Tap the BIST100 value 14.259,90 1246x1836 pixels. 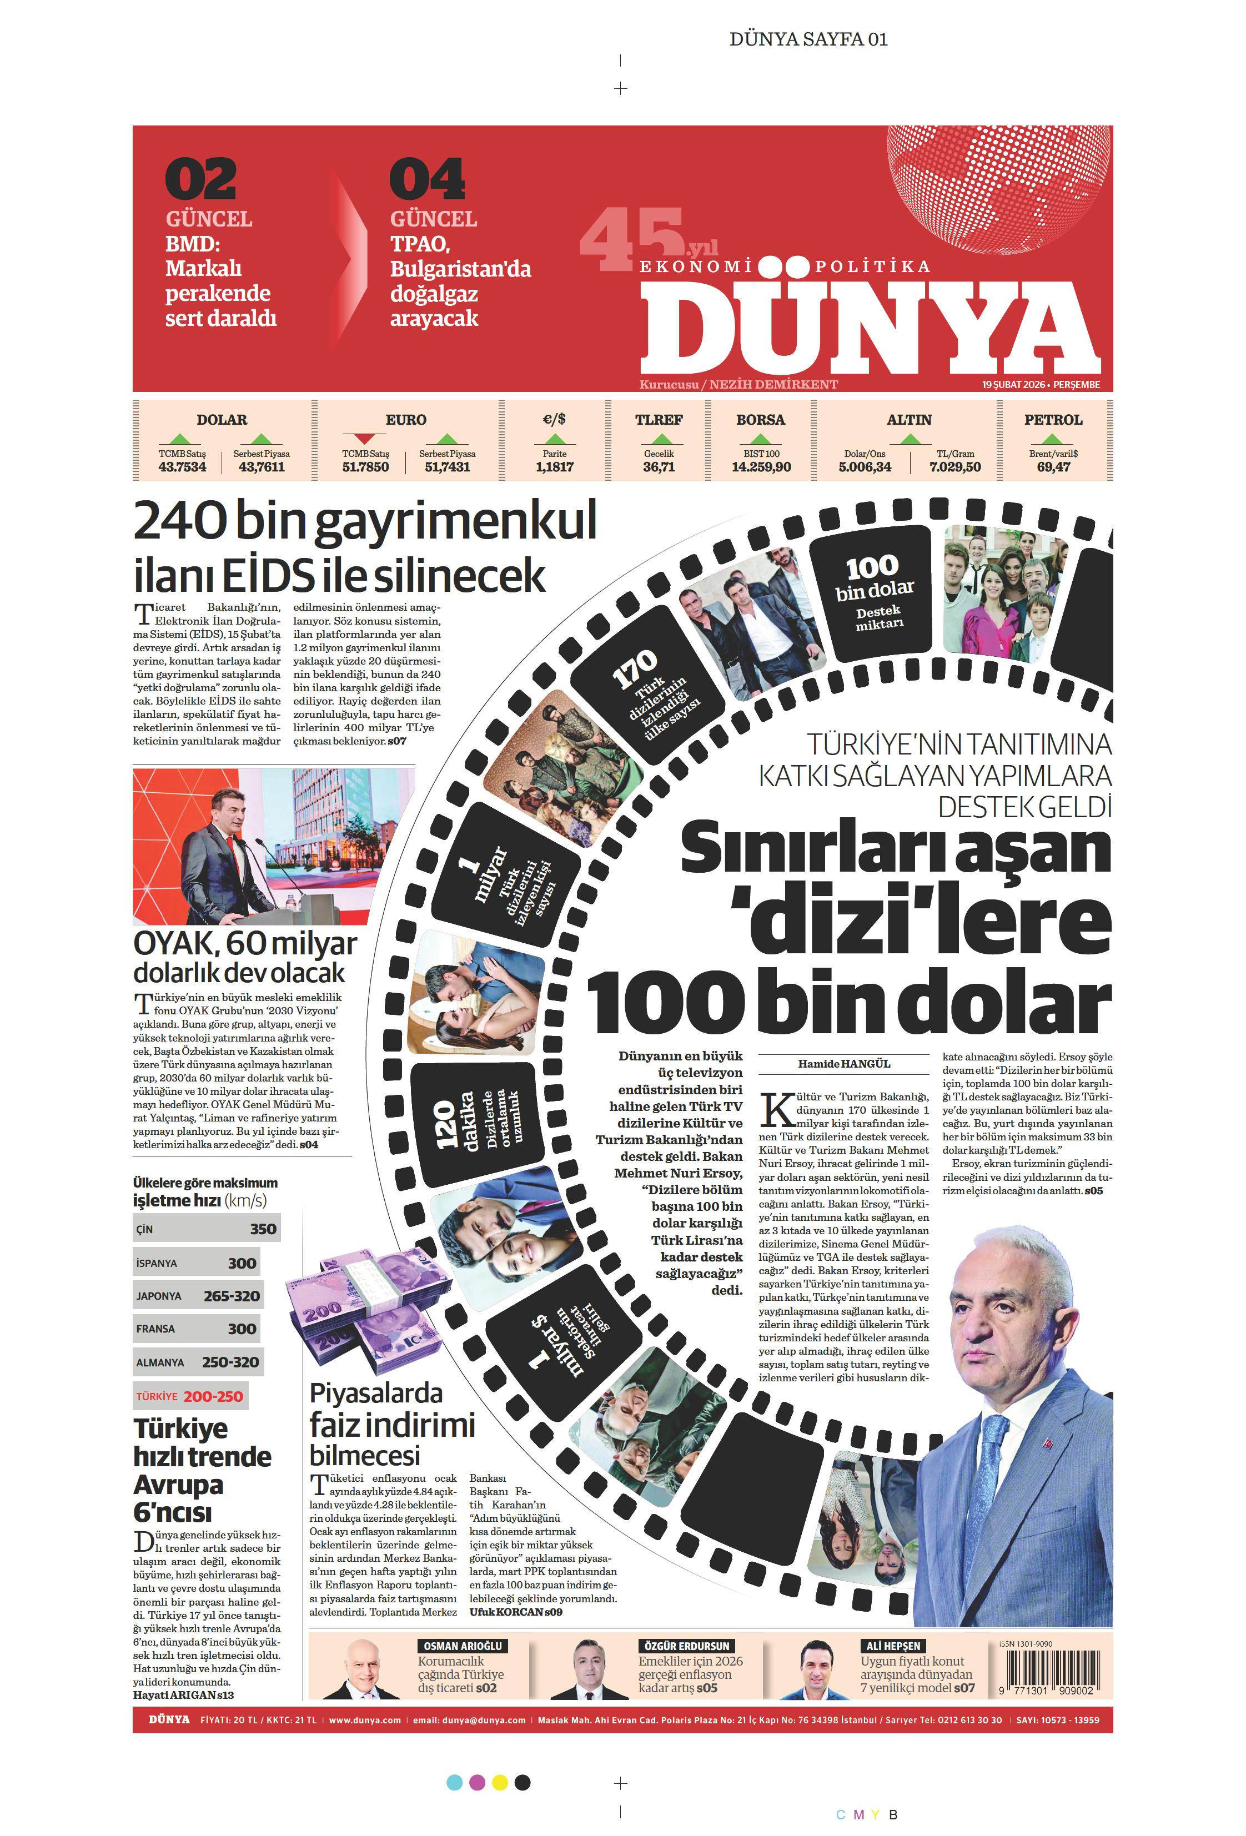pos(760,467)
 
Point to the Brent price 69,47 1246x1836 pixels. pos(1053,467)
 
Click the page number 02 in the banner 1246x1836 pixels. pos(200,179)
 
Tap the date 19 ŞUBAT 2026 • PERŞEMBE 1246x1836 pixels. pos(1041,385)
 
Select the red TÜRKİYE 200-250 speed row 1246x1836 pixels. pos(190,1396)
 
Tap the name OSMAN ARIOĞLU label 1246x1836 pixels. pos(462,1646)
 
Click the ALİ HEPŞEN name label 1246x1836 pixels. pos(893,1646)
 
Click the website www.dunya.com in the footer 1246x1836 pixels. pos(364,1720)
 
